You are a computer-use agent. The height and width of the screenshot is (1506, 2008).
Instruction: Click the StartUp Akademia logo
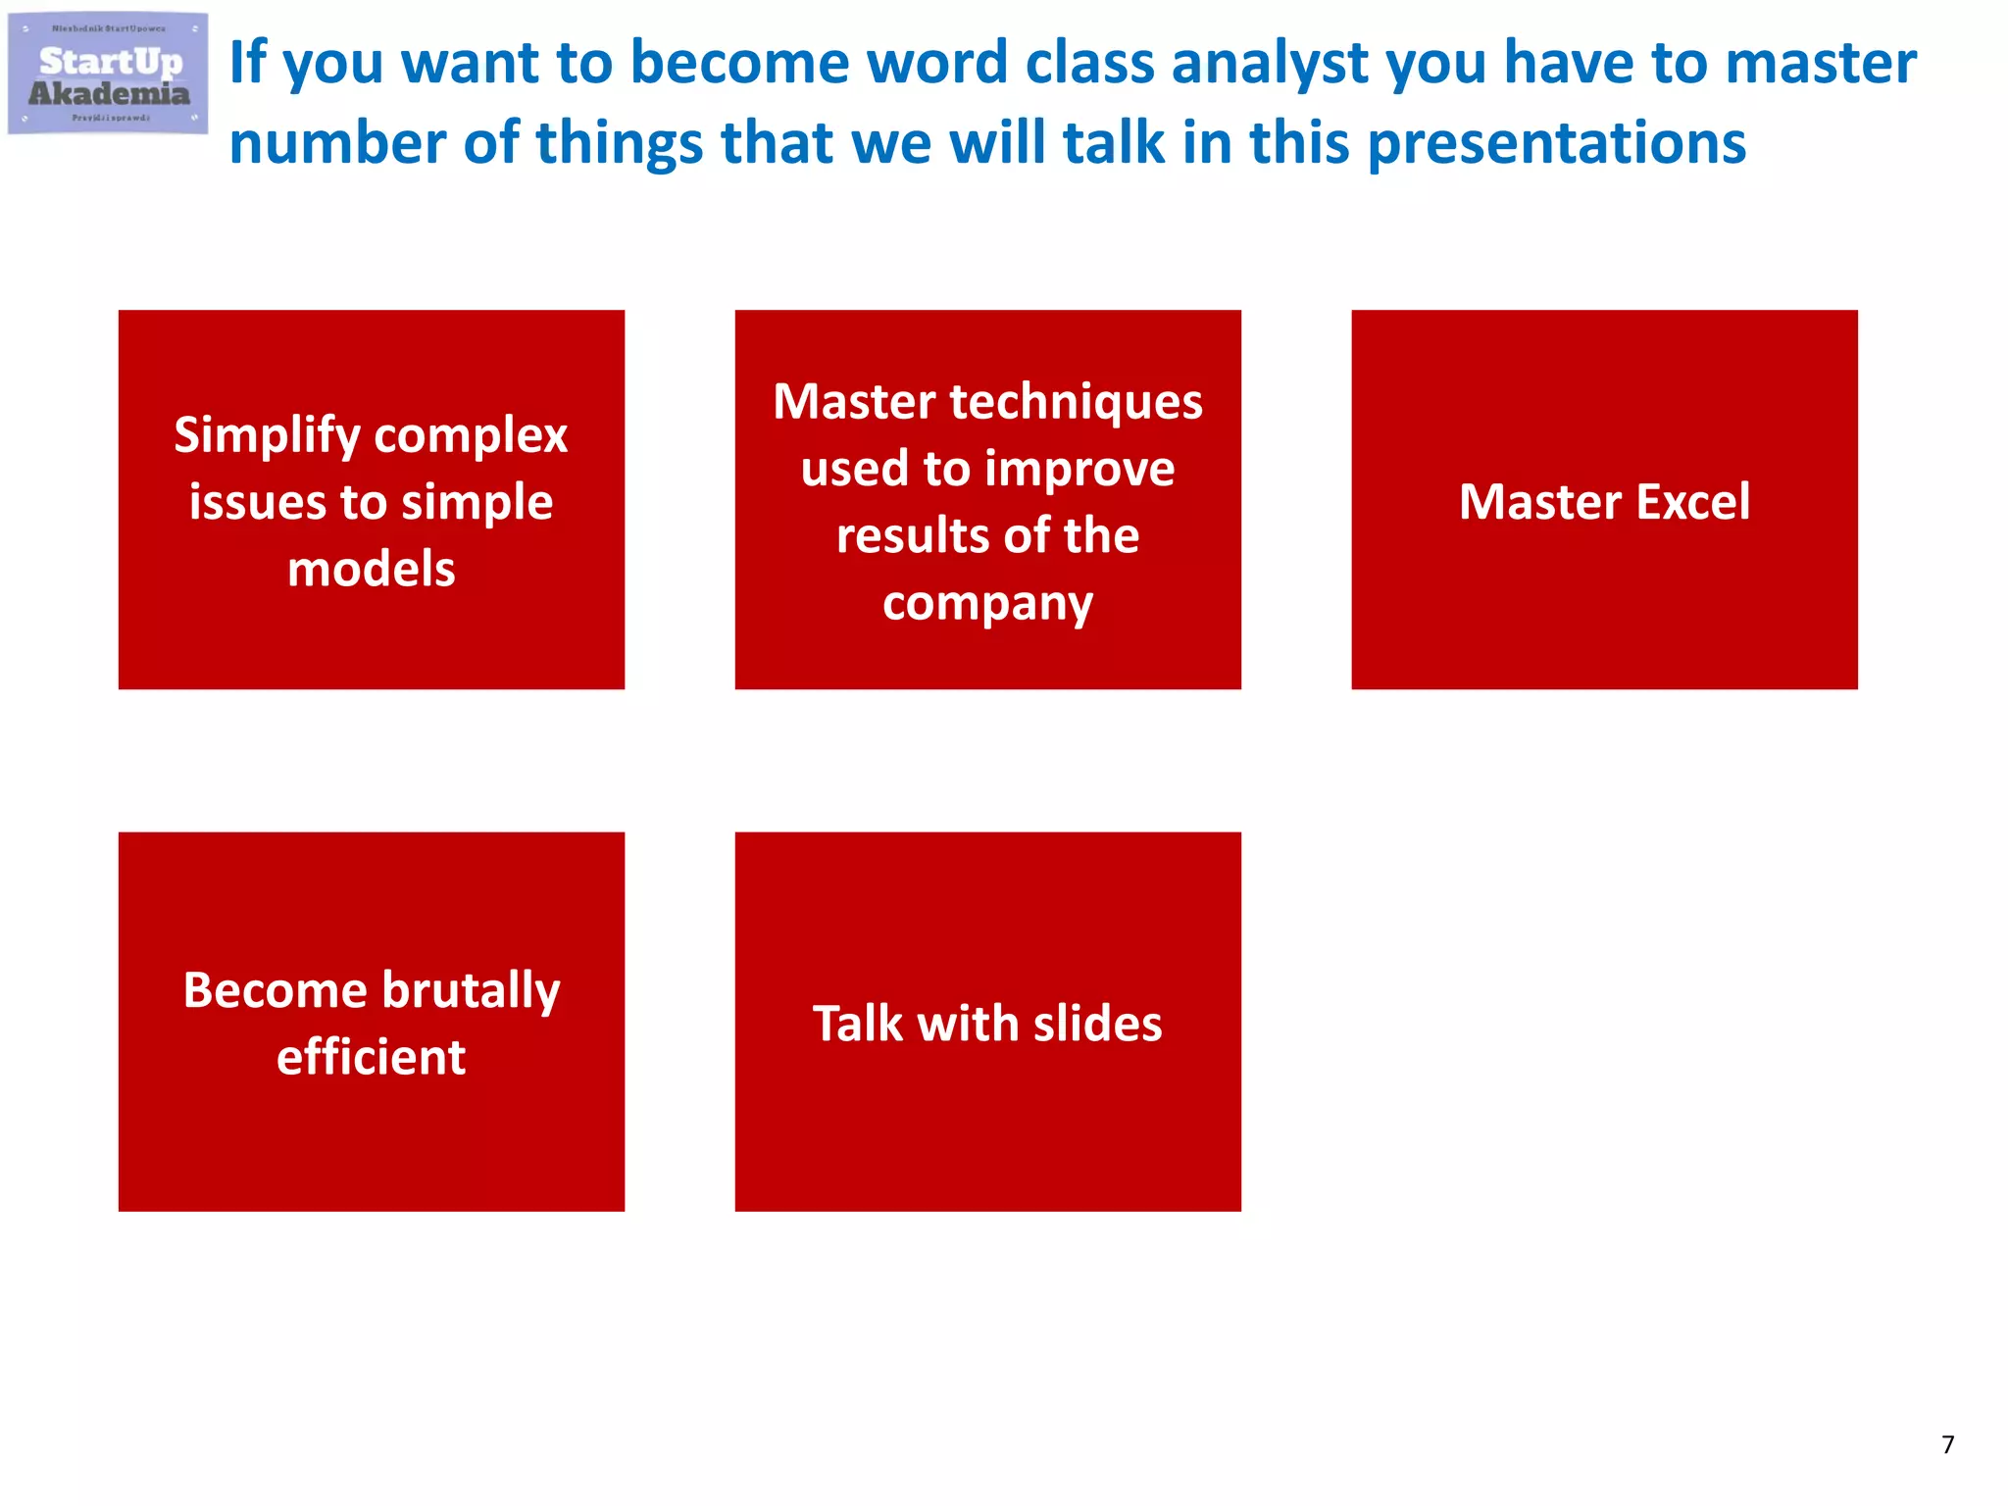coord(108,75)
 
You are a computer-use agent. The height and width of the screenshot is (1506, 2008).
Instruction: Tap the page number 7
coord(1947,1444)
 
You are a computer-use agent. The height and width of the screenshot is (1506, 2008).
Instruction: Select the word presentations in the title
coord(1556,144)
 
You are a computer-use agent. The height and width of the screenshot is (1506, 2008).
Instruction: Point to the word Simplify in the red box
coord(268,436)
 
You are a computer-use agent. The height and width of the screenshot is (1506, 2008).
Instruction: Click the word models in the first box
coord(372,570)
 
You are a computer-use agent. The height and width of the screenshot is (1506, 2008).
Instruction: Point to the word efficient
coord(372,1058)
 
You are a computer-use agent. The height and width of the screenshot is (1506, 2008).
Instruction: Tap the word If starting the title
coord(247,63)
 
